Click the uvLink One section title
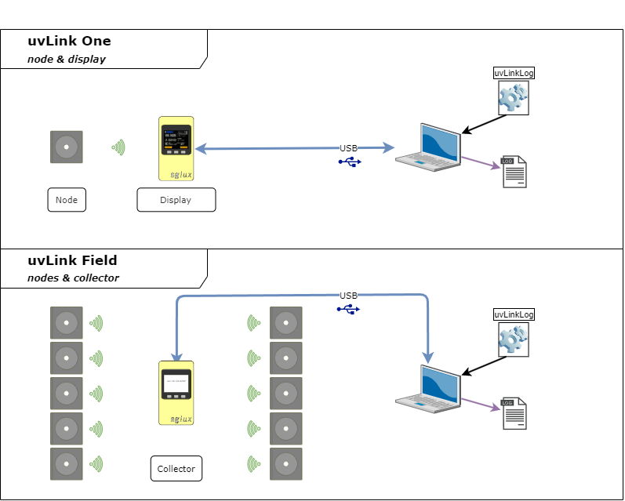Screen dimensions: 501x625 69,42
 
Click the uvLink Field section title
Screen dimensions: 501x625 72,261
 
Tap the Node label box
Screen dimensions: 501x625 67,200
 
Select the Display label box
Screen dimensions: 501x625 176,200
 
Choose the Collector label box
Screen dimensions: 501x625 176,469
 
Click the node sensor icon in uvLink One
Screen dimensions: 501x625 67,147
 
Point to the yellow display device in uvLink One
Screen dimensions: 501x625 176,148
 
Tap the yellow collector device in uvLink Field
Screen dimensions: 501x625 176,393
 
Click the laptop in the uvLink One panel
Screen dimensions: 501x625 428,147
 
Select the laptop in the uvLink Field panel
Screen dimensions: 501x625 428,389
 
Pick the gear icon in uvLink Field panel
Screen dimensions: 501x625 514,339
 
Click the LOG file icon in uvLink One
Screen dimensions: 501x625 514,172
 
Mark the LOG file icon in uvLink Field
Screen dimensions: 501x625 514,414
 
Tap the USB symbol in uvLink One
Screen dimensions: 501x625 350,162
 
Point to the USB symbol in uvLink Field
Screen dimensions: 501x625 349,309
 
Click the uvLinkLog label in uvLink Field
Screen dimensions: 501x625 514,314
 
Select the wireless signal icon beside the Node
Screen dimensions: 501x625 118,147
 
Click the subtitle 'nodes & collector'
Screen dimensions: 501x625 73,278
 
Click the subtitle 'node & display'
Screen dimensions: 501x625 67,59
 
